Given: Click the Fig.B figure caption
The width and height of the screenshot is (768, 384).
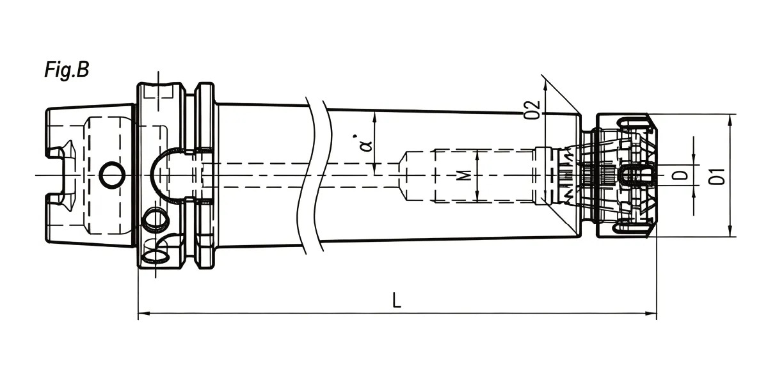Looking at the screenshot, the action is coord(67,70).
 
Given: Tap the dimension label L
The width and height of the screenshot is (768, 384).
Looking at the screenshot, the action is coord(397,300).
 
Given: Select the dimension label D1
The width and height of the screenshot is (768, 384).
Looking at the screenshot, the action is coord(717,177).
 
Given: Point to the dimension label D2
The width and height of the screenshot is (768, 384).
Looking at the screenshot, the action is coord(532,109).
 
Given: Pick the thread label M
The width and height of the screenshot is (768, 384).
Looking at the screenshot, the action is coord(465,176).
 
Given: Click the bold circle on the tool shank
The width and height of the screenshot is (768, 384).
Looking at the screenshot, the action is coord(112,175).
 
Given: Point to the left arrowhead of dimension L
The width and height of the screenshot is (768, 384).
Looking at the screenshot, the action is coord(144,314).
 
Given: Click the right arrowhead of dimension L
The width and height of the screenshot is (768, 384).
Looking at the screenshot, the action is coord(651,314).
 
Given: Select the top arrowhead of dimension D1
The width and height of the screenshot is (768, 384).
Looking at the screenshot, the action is coord(730,120).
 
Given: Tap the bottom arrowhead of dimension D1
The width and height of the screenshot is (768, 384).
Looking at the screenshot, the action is coord(730,230).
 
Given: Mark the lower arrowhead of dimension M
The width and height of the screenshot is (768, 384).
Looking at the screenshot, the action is coord(477,195).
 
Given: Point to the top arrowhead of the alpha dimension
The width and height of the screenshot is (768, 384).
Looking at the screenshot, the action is coord(374,118).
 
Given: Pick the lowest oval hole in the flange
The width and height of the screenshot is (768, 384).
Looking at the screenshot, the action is coord(156,256).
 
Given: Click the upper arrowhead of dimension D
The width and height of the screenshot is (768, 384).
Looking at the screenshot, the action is coord(694,159).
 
